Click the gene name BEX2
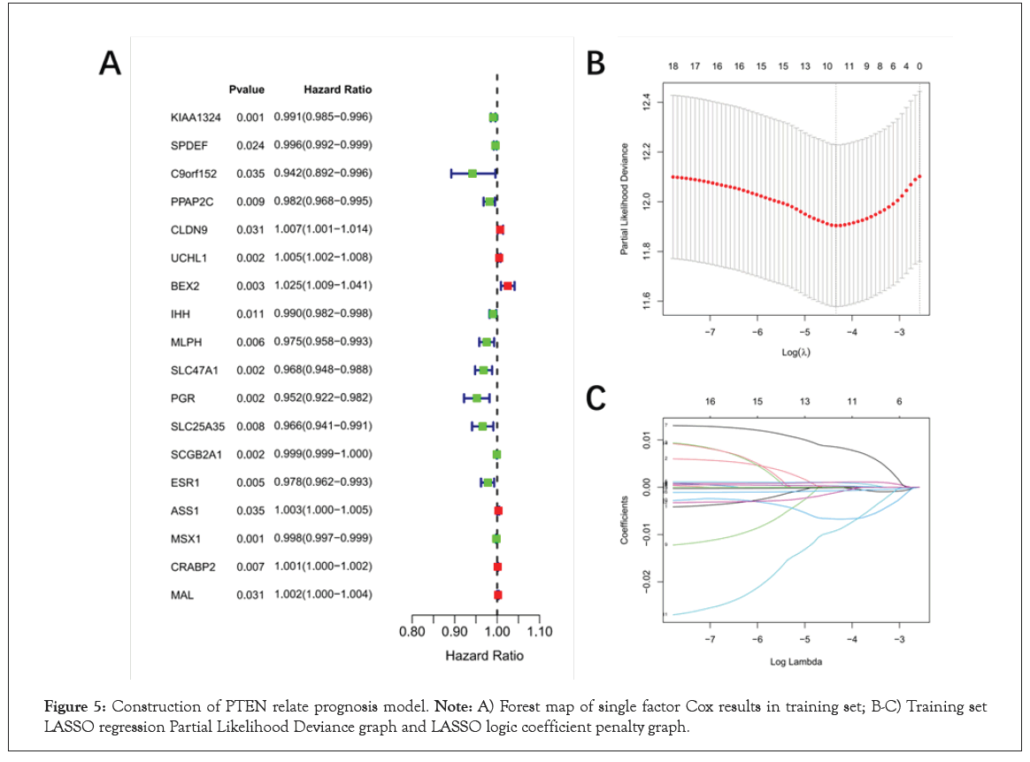tap(186, 286)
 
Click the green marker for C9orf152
tap(473, 173)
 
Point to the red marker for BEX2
tap(507, 286)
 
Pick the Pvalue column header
tap(247, 89)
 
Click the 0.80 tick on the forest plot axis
tap(412, 632)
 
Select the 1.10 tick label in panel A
tap(539, 632)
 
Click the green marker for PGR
tap(477, 398)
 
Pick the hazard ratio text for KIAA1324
tap(337, 117)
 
